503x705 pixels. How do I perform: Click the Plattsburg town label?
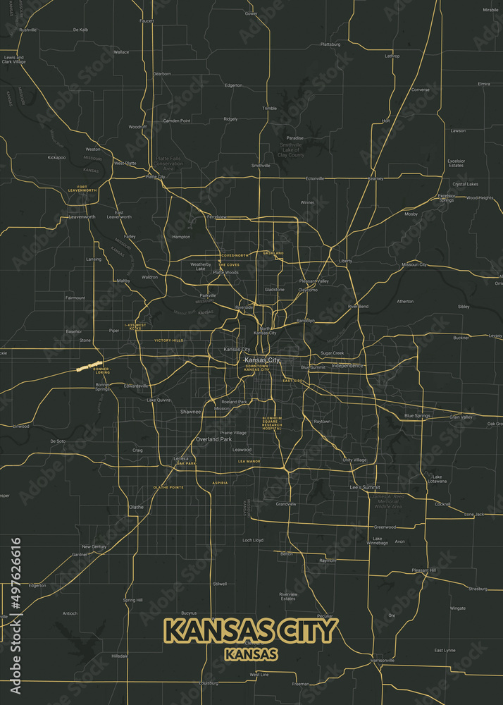[330, 44]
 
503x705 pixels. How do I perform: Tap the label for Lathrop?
[392, 56]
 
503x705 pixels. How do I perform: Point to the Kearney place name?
[375, 178]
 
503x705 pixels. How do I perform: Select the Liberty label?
[345, 261]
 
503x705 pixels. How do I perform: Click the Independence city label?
[347, 365]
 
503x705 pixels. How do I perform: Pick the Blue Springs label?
[417, 416]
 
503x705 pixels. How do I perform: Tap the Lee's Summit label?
[365, 487]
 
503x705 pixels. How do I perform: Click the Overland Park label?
[213, 439]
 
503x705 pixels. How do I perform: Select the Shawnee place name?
[190, 411]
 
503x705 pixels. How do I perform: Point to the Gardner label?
[80, 554]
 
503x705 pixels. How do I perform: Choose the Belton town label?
[287, 554]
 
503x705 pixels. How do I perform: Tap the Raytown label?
[322, 421]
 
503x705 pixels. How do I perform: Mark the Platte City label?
[155, 177]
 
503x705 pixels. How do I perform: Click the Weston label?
[93, 149]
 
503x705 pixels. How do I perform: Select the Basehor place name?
[74, 331]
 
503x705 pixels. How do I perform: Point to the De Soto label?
[58, 441]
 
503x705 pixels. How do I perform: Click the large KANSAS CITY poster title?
[252, 630]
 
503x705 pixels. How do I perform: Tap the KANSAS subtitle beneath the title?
[252, 654]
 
